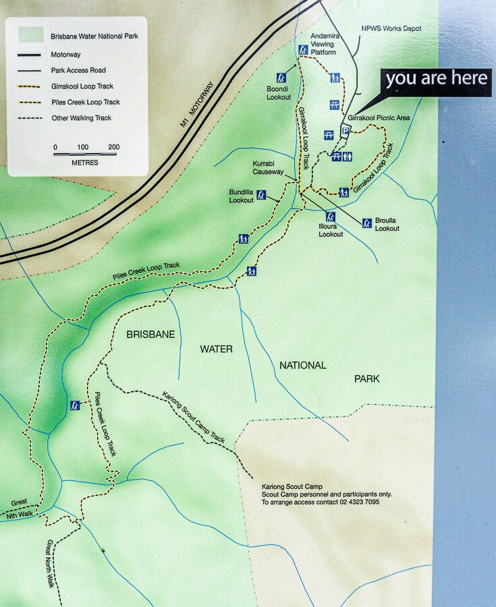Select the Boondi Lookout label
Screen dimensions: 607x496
pos(278,92)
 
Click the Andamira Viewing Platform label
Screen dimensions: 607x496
pos(323,43)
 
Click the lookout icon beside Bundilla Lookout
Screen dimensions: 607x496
pos(261,195)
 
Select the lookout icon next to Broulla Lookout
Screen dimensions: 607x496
pos(367,223)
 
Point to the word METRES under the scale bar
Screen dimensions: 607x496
pos(84,163)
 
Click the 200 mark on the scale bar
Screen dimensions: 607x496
pos(113,147)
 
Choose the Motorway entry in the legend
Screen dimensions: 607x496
pos(65,55)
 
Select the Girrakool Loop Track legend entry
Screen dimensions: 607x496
pos(82,86)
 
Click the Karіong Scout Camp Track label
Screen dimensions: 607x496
pos(193,417)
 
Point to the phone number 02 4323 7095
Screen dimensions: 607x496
pos(362,502)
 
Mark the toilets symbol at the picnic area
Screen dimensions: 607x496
pos(347,156)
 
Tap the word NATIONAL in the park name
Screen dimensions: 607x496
pos(302,366)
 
